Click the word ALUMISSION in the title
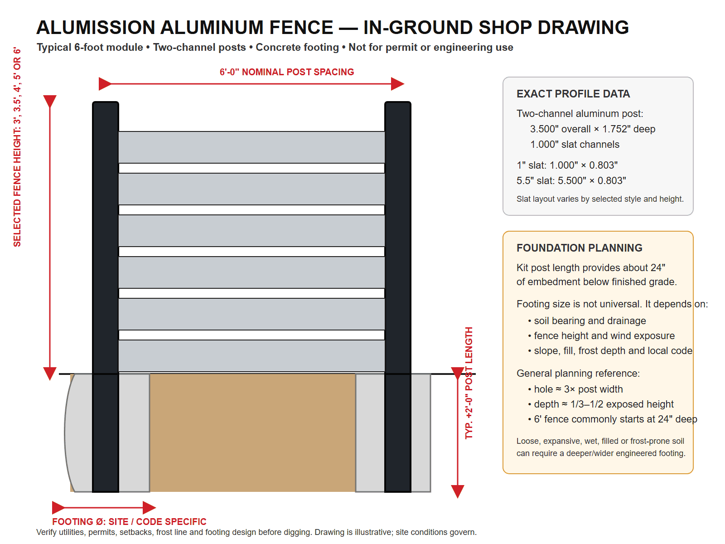tap(96, 27)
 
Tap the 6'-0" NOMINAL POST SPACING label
tap(287, 72)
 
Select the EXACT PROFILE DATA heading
tap(573, 94)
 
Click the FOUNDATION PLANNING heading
tap(580, 248)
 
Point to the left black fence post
tap(106, 296)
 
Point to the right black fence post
tap(398, 296)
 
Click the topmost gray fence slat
tap(251, 147)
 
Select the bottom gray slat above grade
tap(251, 356)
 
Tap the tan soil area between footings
tap(253, 432)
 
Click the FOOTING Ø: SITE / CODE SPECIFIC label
tap(129, 521)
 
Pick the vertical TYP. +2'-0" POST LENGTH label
tap(469, 383)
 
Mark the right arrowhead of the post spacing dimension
tap(397, 84)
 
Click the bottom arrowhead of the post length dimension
tap(458, 491)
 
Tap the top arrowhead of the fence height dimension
tap(50, 102)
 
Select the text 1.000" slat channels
tap(575, 144)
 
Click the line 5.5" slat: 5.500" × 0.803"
tap(571, 181)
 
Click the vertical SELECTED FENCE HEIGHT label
tap(17, 147)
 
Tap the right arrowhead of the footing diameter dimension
tap(149, 508)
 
